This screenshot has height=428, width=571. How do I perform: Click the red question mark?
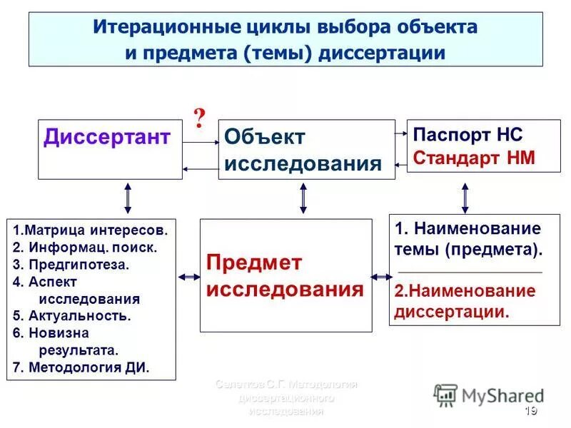pos(200,116)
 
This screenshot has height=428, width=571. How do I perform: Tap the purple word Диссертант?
pos(107,136)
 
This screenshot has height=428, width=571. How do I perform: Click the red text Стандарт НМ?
pos(474,158)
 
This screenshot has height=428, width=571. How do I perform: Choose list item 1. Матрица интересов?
pos(91,230)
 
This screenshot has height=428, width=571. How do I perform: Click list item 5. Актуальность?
pos(72,316)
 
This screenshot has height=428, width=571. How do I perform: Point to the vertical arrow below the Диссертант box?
pos(128,198)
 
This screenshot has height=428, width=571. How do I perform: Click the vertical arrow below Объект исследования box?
pos(303,198)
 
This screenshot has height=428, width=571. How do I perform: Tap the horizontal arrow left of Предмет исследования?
pos(188,276)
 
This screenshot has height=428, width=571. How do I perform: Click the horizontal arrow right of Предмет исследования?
pos(380,276)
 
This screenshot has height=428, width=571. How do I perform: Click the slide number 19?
pos(530,411)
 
